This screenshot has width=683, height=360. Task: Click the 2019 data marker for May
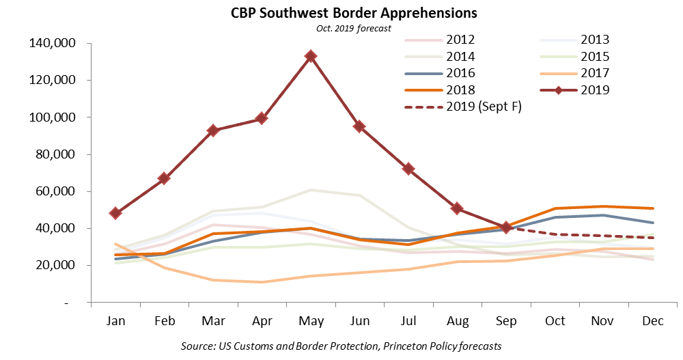[x=311, y=56]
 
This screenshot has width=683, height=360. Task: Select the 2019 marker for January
[x=115, y=213]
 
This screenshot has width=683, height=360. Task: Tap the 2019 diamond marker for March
[x=213, y=130]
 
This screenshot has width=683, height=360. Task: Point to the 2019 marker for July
[x=408, y=169]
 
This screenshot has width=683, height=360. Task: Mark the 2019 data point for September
[x=506, y=227]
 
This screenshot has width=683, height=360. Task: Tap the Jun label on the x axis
[x=359, y=320]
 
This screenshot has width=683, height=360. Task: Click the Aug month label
[x=457, y=320]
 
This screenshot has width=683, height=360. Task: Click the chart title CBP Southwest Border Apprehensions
[x=341, y=13]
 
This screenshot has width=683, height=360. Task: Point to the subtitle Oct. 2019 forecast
[x=341, y=27]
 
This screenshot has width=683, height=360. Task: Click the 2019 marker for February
[x=164, y=178]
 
